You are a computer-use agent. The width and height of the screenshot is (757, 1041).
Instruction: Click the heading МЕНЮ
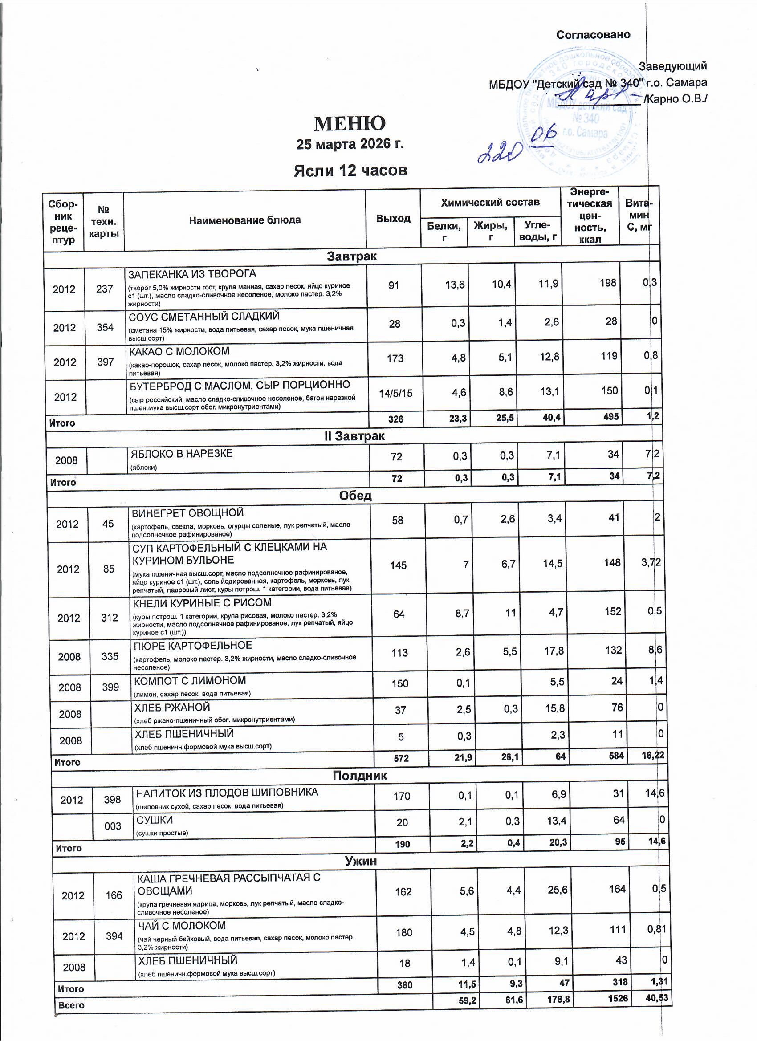[350, 123]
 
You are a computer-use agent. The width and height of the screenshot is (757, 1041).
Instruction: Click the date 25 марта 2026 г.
[350, 144]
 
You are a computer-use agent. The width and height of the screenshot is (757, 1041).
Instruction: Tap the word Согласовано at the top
[593, 35]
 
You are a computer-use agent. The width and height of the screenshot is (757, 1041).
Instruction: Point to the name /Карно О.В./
[676, 99]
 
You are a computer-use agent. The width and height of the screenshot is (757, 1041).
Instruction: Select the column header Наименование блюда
[244, 220]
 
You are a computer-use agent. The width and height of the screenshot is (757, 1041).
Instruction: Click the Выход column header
[393, 219]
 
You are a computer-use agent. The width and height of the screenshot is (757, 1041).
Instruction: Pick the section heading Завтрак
[351, 256]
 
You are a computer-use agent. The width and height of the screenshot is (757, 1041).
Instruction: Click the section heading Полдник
[359, 776]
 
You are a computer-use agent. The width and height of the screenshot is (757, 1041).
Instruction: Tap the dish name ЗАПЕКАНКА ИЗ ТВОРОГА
[192, 274]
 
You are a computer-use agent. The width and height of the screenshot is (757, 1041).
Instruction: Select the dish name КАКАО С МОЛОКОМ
[179, 352]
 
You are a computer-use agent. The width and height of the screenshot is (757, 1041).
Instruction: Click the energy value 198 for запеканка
[608, 283]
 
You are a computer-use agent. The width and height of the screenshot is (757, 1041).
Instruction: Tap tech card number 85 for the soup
[109, 569]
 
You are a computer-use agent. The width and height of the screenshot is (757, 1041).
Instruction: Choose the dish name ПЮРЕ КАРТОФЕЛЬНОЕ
[193, 646]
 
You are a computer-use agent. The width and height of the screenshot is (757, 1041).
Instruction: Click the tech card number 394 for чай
[114, 936]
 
